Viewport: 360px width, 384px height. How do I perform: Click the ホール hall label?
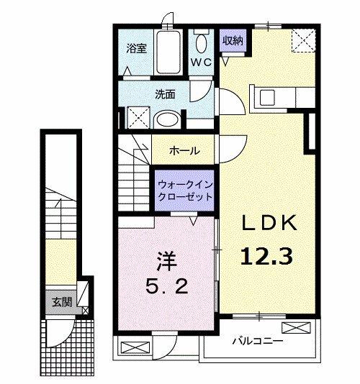coord(184,151)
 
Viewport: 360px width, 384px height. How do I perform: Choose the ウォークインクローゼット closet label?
coord(185,189)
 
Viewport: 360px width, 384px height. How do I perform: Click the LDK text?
coord(269,224)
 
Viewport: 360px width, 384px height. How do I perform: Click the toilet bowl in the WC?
coord(202,36)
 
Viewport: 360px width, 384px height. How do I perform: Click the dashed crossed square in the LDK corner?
coord(302,40)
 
